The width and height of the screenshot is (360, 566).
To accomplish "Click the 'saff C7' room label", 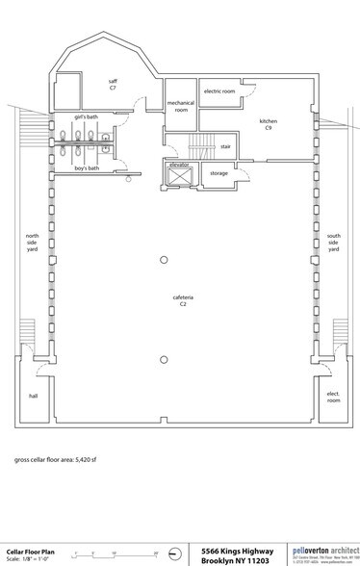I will point(112,85).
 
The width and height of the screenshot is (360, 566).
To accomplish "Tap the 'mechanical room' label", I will point(180,106).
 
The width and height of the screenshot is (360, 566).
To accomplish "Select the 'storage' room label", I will point(219,174).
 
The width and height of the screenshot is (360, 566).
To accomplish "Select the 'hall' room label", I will point(32,396).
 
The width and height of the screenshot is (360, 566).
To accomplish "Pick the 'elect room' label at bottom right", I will point(333,396).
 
